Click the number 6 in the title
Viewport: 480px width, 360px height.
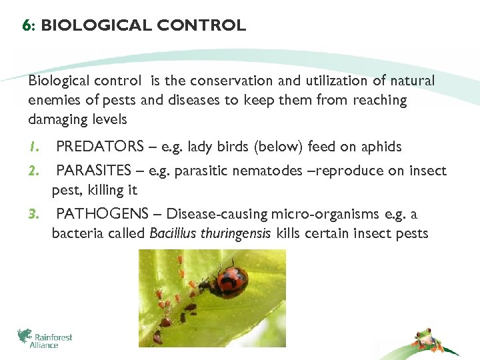coord(25,26)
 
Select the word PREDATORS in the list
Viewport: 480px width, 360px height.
coord(100,147)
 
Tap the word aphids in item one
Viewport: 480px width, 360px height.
coord(380,147)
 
